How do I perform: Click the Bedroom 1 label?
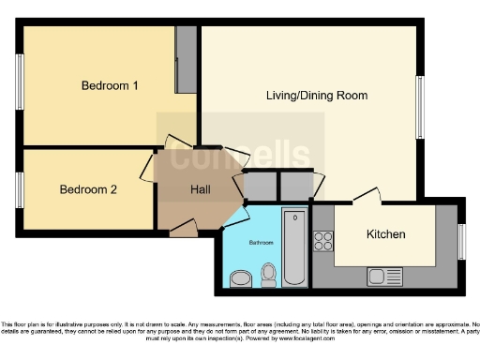tap(110, 86)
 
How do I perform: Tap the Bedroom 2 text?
tap(88, 189)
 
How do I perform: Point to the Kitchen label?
tap(385, 234)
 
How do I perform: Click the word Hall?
tap(201, 189)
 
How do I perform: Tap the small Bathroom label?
tap(261, 243)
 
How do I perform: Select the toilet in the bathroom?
tap(270, 274)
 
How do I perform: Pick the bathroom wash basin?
tap(240, 277)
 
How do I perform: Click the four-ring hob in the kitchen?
tap(323, 241)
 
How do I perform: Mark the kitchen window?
tap(460, 242)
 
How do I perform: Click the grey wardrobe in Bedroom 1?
tap(186, 58)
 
